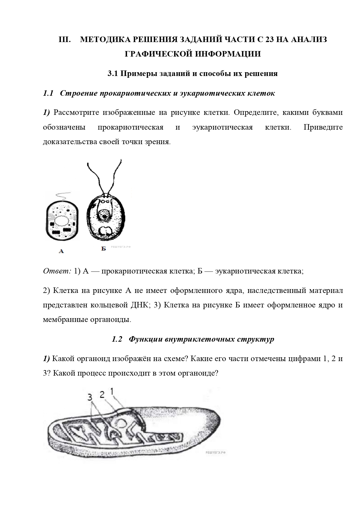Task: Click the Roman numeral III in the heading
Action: point(65,39)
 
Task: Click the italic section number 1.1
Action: point(48,93)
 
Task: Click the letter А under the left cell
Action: point(61,251)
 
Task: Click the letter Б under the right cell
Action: point(104,249)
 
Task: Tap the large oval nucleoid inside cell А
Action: point(62,222)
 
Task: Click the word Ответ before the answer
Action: point(57,271)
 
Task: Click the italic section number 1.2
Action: point(117,339)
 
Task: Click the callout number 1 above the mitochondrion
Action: point(112,392)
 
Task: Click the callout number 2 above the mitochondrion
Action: point(102,394)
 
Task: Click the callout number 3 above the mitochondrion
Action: point(90,397)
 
